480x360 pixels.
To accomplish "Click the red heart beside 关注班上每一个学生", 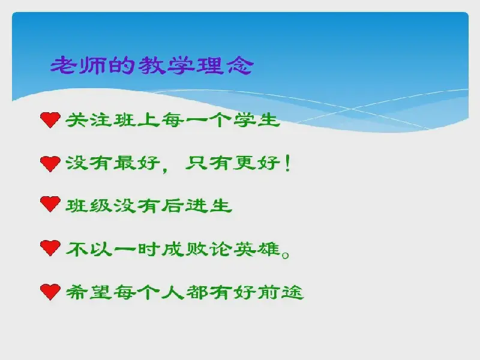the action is [50, 119].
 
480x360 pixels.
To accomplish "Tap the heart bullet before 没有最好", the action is [50, 163].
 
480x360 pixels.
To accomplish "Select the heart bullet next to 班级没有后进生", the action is [50, 204].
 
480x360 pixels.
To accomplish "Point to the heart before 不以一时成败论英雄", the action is [50, 248].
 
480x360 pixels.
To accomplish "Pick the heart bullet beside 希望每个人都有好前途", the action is [50, 292].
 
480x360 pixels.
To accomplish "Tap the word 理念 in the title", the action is [224, 65].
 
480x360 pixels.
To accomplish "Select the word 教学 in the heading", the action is [166, 65].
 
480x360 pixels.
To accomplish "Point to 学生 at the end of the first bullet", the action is [257, 119].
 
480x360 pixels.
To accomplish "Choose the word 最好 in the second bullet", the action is [137, 163].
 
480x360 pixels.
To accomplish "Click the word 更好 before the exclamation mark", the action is [257, 163].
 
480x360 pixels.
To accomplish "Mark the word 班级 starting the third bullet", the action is [89, 206].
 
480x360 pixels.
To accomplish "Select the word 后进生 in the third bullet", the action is [197, 206].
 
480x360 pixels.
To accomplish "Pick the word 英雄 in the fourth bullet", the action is [257, 249].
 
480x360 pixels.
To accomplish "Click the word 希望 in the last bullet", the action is [89, 292].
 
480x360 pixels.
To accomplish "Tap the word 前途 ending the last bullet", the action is [280, 292].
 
